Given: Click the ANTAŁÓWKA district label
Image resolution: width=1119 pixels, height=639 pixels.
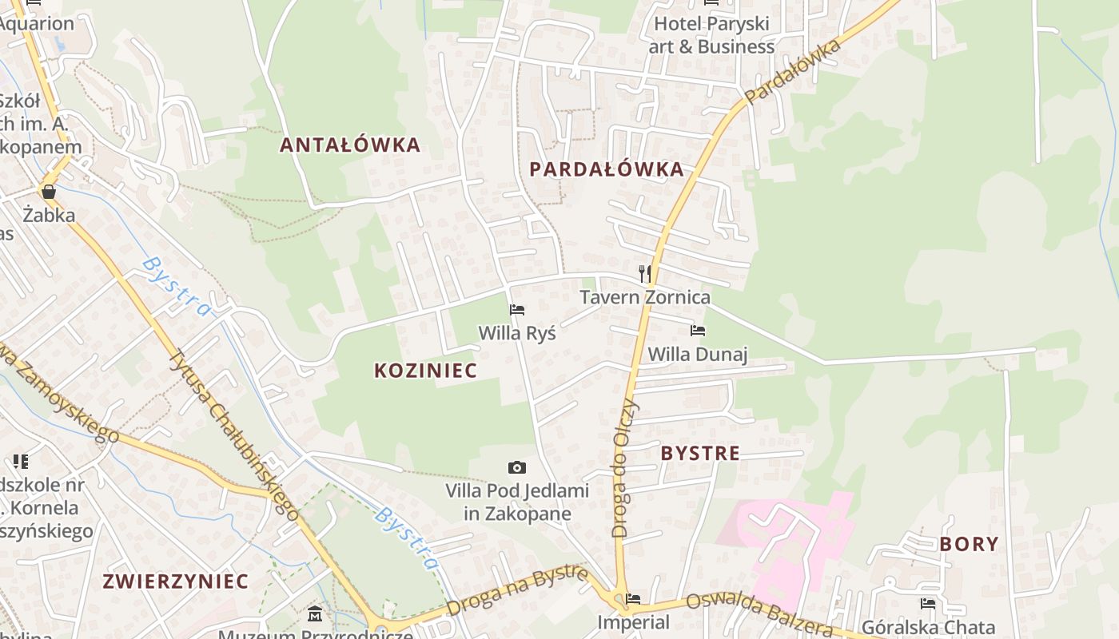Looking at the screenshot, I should click(x=349, y=145).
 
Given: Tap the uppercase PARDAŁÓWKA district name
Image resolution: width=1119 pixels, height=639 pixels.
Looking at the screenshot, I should click(x=607, y=169).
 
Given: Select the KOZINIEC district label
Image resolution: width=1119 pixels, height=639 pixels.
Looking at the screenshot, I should click(x=425, y=370).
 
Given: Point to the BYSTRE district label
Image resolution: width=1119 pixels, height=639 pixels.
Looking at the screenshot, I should click(x=700, y=453).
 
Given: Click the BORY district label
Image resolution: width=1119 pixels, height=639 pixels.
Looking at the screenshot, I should click(x=969, y=544).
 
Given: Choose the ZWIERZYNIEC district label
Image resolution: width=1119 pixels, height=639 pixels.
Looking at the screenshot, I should click(x=175, y=581).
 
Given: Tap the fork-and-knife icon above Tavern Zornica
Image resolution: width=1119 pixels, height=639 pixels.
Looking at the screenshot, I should click(x=645, y=274).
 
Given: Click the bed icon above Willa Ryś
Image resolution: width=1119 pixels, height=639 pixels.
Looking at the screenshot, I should click(x=517, y=309).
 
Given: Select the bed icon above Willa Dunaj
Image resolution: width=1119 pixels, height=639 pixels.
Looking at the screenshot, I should click(x=698, y=330).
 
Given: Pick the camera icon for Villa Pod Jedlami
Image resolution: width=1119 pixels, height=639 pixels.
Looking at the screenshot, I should click(x=517, y=467).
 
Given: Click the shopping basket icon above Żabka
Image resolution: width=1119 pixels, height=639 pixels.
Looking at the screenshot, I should click(x=49, y=192).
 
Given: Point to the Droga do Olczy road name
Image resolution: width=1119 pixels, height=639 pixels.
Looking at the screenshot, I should click(x=625, y=467).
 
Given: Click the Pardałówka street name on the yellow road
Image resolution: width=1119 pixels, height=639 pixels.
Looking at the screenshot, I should click(x=793, y=72).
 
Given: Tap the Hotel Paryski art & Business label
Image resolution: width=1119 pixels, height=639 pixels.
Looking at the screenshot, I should click(x=711, y=35).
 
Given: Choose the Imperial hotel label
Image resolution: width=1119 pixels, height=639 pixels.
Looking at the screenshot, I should click(x=634, y=621).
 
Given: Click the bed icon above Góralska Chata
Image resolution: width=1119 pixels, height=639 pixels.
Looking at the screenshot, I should click(x=927, y=603).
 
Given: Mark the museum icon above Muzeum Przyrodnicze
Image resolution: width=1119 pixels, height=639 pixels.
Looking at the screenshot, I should click(x=315, y=614).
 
